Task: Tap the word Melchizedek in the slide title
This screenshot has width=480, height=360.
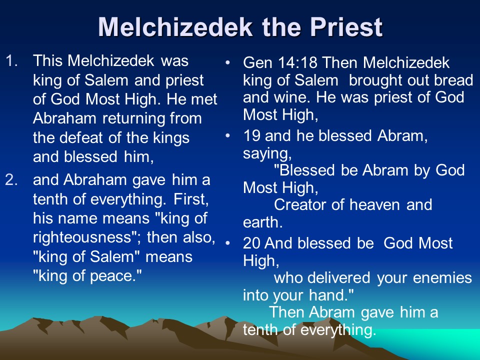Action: (x=175, y=27)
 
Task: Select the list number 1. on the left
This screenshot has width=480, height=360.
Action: (x=12, y=60)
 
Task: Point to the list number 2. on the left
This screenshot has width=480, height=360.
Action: (x=11, y=180)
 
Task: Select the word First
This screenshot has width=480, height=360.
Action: (x=191, y=199)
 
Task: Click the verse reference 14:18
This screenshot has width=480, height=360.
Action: (x=297, y=63)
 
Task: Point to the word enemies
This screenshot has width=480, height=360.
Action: (x=442, y=278)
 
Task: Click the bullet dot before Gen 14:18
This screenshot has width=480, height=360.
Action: (x=227, y=63)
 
